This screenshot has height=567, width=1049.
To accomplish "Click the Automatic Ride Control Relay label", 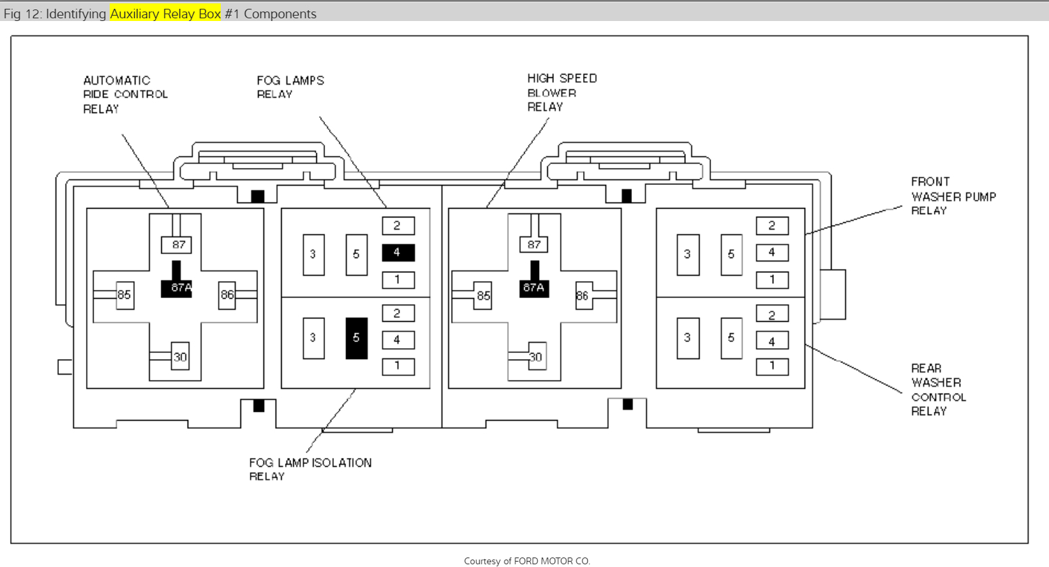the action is tap(125, 94).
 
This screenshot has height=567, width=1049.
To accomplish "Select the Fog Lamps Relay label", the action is tap(290, 87).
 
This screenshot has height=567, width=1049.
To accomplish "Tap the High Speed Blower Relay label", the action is tap(562, 92).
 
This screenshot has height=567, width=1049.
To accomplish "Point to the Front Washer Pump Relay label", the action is tap(953, 196).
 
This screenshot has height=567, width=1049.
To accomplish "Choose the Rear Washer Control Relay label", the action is tap(938, 390).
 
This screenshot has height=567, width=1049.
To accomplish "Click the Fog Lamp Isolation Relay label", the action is tap(310, 469).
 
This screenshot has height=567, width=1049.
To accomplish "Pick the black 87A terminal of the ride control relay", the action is tap(177, 287).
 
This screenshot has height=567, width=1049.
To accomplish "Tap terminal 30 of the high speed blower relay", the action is tap(536, 357).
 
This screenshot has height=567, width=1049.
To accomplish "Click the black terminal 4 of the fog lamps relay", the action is tap(398, 253).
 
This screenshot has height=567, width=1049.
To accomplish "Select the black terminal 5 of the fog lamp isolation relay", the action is tap(356, 337).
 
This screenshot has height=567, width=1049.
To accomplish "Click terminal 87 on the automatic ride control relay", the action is tap(178, 245).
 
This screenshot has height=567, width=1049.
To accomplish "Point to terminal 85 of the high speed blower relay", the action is tap(483, 296).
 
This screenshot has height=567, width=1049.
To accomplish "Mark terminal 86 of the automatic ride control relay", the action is tap(227, 295).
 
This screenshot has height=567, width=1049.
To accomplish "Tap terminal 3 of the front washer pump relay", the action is tap(687, 254).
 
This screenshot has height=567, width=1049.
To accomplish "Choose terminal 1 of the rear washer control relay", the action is tap(771, 366).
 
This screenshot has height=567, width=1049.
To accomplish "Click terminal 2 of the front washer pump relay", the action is tap(771, 226).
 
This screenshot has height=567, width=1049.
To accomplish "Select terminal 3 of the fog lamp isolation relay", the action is tap(313, 337).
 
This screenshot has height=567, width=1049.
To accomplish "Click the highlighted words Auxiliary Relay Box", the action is tap(165, 14).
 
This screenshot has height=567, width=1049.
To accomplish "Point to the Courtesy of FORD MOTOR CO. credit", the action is tap(527, 561).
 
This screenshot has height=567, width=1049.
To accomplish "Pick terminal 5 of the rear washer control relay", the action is tap(731, 337).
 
